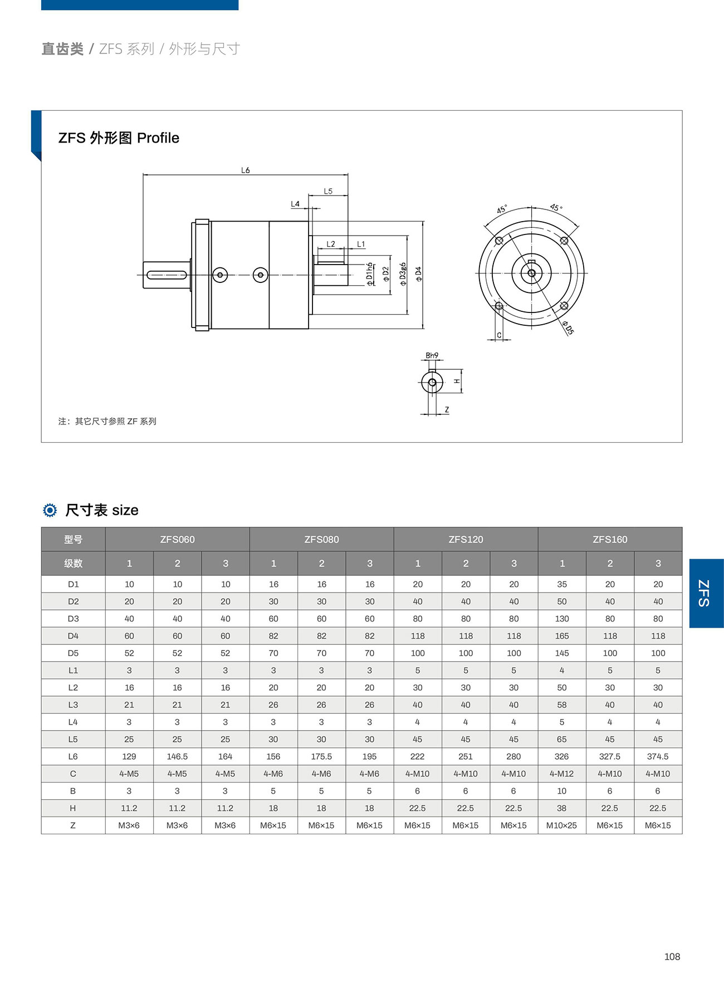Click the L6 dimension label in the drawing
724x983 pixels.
tap(245, 170)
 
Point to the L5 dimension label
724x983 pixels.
tap(328, 191)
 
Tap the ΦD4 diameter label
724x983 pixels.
tap(418, 274)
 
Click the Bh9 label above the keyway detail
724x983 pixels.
tap(432, 355)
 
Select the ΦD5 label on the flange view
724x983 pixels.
tap(568, 327)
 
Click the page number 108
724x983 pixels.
tap(672, 956)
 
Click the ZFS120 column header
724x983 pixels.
tap(466, 539)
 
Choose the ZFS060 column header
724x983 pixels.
tap(177, 539)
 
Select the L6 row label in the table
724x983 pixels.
tap(73, 756)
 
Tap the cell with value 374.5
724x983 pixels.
tap(658, 756)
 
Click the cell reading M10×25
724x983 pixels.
tap(561, 825)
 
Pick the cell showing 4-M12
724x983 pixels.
tap(561, 774)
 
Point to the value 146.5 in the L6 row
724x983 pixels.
tap(177, 756)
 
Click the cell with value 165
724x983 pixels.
tap(561, 635)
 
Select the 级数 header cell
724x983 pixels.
tap(73, 563)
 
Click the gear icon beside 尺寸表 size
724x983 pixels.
tap(50, 510)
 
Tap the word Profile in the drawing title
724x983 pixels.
tap(158, 138)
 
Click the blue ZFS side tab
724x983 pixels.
tap(706, 593)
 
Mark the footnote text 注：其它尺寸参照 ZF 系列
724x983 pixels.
tap(107, 421)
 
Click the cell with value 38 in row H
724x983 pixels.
tap(561, 808)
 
